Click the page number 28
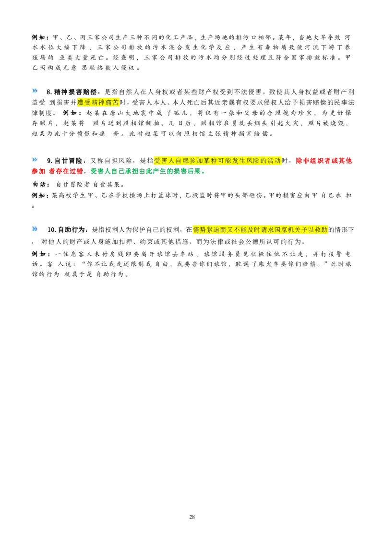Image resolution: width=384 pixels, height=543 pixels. coord(192,517)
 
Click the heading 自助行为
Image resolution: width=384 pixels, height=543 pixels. coord(71,230)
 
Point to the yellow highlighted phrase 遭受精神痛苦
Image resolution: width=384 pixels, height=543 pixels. coord(98,103)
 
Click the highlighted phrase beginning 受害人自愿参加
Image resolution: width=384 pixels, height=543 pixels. coord(217,161)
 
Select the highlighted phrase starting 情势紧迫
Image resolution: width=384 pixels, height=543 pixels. coord(260,230)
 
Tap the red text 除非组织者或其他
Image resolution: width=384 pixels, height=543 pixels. coord(324,161)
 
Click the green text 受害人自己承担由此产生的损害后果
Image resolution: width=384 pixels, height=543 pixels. coord(145,171)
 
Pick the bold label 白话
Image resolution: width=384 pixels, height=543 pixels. coord(39,185)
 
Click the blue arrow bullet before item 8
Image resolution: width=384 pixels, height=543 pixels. coord(35,91)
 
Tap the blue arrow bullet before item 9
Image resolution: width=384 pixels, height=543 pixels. coord(35,160)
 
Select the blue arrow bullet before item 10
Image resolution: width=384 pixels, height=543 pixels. coord(35,228)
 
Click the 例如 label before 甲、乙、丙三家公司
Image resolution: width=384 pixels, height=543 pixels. coord(39,37)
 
